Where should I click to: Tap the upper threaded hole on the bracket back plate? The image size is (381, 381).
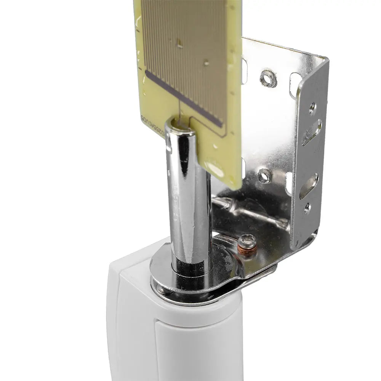click(268, 78)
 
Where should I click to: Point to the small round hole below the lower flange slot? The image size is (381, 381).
click(307, 208)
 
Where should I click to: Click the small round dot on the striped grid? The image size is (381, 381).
click(206, 63)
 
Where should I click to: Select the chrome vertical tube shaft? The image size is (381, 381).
click(189, 198)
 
